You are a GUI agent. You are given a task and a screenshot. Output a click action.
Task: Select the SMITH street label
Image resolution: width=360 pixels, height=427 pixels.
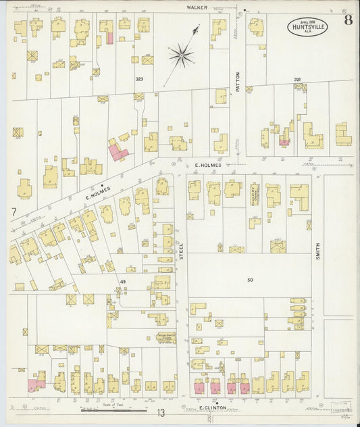317,251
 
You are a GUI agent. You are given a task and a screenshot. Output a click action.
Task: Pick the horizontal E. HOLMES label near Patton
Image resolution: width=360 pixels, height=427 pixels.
208,165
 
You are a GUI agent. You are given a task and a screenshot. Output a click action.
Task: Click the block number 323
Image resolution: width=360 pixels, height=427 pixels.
139,79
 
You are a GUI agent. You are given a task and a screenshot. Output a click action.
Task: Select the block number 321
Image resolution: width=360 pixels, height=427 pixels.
297,80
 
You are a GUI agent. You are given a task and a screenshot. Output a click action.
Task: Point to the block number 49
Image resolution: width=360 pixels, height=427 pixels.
123,281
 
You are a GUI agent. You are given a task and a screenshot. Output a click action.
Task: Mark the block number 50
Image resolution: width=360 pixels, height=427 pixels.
250,279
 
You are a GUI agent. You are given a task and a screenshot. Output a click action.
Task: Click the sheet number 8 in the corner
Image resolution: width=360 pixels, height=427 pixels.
346,20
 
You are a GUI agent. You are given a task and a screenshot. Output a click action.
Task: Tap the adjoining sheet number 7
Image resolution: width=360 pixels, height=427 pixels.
13,211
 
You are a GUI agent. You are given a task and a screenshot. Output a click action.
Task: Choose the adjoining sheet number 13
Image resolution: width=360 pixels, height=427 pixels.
161,412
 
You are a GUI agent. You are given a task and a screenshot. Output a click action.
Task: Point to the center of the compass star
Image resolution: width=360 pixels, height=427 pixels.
181,54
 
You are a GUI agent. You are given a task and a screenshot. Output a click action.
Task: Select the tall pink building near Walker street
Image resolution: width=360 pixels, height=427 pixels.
109,36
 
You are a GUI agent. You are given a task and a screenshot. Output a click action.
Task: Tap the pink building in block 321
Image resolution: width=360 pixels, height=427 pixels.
284,143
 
